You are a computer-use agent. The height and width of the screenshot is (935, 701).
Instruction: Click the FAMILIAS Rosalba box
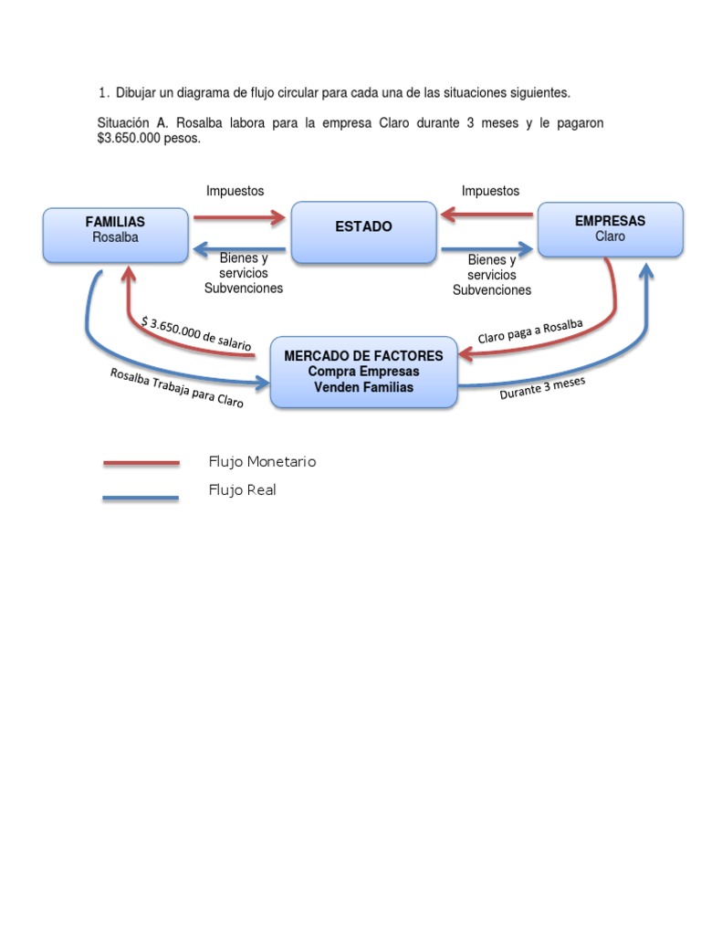coord(115,234)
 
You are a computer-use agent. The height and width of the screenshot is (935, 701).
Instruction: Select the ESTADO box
coord(363,232)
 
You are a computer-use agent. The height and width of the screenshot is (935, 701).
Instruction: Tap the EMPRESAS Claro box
coord(610,229)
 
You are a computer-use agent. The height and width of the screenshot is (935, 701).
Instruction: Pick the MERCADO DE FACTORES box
coord(363,371)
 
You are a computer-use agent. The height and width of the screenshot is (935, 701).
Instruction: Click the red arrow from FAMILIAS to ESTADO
coord(240,217)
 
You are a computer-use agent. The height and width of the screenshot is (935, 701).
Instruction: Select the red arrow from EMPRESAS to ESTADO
coord(487,215)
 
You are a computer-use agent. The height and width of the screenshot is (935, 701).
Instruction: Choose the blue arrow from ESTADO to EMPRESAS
coord(487,248)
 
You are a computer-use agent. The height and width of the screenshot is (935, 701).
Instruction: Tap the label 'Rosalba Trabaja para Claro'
coord(176,388)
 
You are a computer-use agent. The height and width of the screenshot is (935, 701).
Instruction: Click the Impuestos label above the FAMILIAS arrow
coord(235,191)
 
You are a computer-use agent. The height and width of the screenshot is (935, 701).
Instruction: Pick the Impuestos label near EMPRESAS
coord(490,191)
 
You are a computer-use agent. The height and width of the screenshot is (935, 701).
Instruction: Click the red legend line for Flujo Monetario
coord(141,463)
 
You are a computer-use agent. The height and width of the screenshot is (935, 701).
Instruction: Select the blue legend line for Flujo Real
coord(141,498)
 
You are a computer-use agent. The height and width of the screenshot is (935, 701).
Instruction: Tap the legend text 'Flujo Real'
coord(242,490)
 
